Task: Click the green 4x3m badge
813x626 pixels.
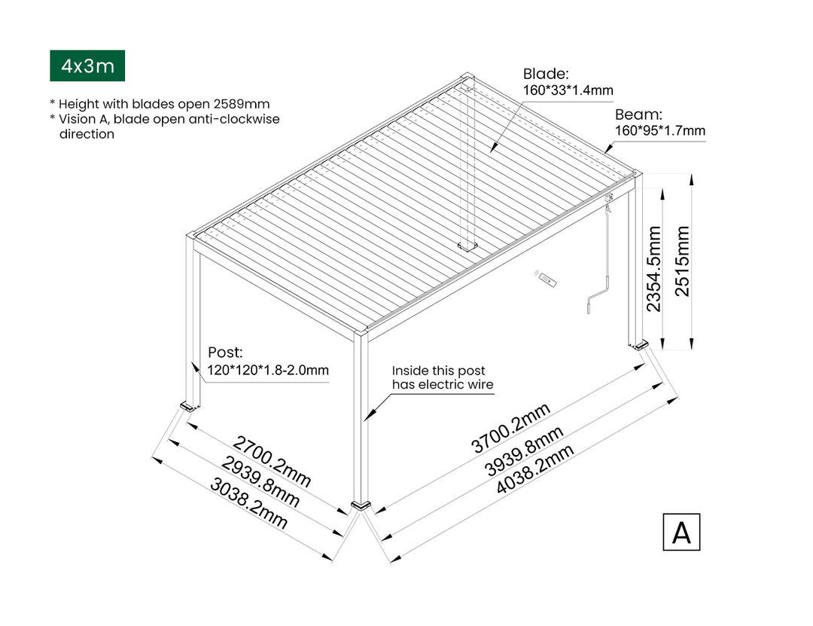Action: pyautogui.click(x=87, y=66)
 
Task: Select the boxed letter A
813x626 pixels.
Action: pyautogui.click(x=681, y=532)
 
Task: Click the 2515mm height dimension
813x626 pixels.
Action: pyautogui.click(x=683, y=261)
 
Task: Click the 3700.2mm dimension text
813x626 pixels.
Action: pyautogui.click(x=511, y=427)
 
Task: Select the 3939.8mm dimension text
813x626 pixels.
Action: pyautogui.click(x=524, y=450)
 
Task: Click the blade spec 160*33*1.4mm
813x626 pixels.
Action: pyautogui.click(x=568, y=90)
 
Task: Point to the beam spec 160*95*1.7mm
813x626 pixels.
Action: pyautogui.click(x=660, y=131)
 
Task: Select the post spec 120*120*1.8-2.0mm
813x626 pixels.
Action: pyautogui.click(x=268, y=370)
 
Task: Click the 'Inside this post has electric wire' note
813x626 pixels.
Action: pyautogui.click(x=443, y=377)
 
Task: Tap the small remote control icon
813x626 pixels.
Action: pyautogui.click(x=547, y=280)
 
